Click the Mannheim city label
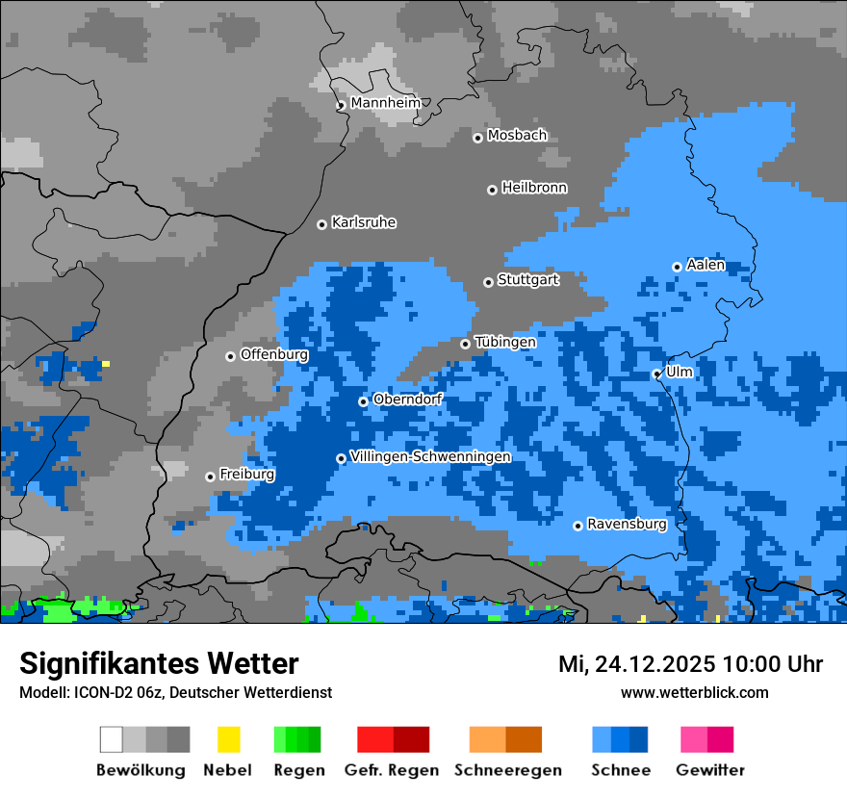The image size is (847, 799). (x=386, y=103)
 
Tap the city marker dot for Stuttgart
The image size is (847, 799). (x=488, y=282)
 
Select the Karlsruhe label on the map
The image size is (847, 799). (x=364, y=222)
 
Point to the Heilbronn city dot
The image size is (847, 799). (x=492, y=190)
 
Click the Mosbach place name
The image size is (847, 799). (x=517, y=136)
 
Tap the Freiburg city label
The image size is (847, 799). (x=247, y=475)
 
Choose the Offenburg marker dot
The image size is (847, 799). (x=230, y=356)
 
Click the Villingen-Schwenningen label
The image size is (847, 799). (x=430, y=456)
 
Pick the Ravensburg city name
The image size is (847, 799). (x=627, y=525)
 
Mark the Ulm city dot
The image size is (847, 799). (x=656, y=374)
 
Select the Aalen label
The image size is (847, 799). (x=706, y=265)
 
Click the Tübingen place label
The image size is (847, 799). (x=505, y=342)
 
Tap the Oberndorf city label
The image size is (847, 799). (x=407, y=399)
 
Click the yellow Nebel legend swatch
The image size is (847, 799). (x=228, y=739)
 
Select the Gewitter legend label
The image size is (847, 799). (x=710, y=770)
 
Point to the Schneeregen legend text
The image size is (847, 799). (x=508, y=770)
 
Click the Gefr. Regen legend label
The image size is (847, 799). (x=392, y=770)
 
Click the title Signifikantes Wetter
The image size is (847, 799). (x=159, y=663)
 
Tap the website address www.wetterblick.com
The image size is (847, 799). (x=695, y=692)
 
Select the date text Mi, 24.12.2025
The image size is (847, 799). (x=635, y=664)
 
